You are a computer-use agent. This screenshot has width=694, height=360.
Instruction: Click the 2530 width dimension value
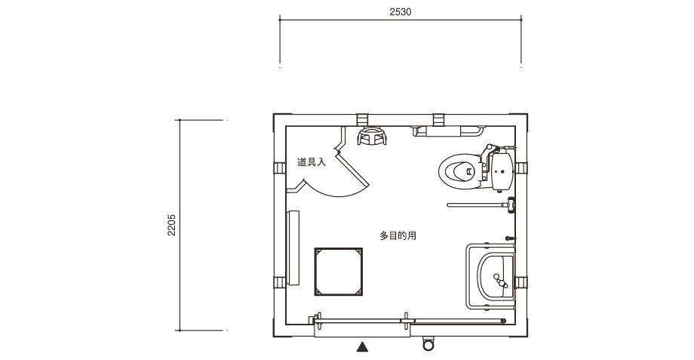(x=400, y=12)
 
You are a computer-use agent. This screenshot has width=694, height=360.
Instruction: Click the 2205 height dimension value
(x=172, y=225)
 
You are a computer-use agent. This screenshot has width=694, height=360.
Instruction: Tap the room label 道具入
(x=311, y=162)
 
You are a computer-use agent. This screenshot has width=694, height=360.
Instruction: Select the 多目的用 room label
(x=398, y=235)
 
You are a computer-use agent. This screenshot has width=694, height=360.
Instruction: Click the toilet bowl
(x=459, y=171)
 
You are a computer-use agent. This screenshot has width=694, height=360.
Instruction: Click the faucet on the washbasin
(x=499, y=282)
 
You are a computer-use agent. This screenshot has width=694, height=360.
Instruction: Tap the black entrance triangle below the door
(x=363, y=346)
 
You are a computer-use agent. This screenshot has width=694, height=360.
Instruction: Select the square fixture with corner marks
(x=339, y=272)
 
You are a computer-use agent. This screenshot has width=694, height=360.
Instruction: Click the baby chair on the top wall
(x=372, y=136)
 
